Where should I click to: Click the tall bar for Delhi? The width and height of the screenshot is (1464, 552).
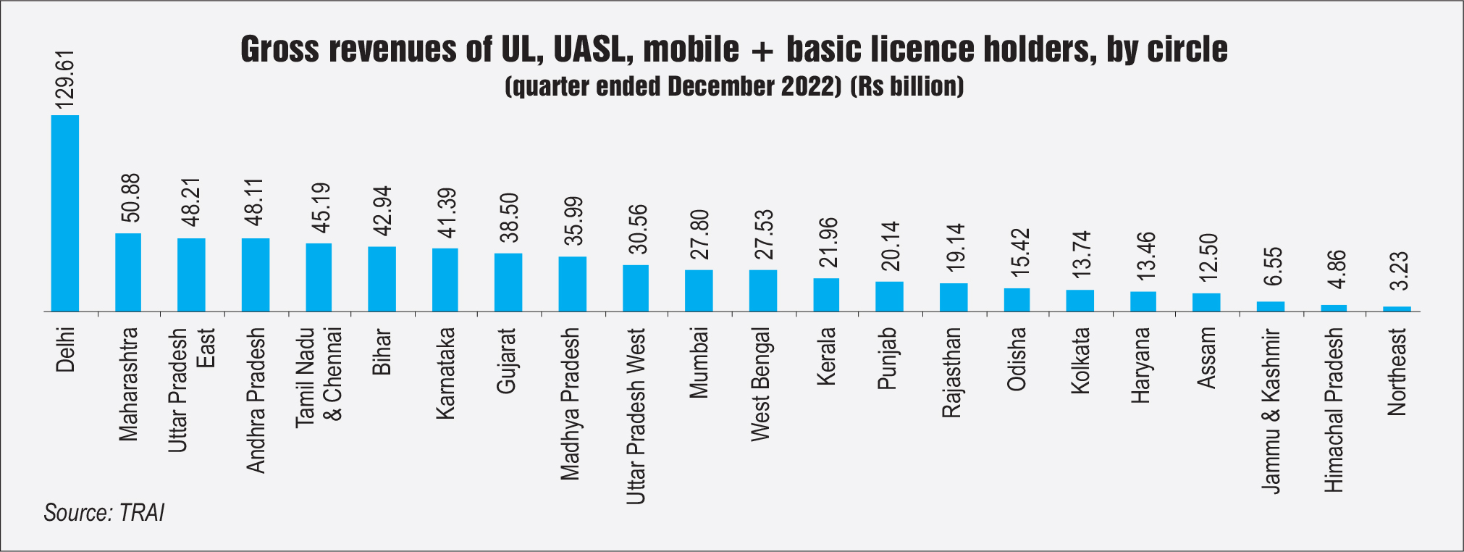(64, 213)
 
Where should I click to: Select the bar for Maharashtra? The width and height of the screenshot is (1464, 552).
(128, 272)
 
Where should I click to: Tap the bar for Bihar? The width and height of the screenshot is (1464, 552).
(382, 279)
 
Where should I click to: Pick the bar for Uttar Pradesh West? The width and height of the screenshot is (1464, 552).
(636, 288)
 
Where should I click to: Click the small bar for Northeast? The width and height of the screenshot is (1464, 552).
(1397, 309)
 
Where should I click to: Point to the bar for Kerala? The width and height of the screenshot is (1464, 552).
(826, 295)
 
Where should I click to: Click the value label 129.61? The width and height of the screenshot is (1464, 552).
(65, 80)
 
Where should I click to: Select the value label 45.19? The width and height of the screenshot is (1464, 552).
(320, 208)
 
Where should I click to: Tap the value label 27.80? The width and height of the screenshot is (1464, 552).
(699, 234)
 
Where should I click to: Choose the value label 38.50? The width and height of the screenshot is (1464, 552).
(509, 217)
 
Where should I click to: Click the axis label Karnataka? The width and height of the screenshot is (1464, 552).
(445, 373)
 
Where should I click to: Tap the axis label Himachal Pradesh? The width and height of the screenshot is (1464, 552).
(1333, 410)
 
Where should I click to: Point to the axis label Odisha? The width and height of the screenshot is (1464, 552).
(1017, 359)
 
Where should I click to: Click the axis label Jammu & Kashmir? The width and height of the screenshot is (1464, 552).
(1271, 411)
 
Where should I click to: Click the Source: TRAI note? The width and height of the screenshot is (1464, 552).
(104, 513)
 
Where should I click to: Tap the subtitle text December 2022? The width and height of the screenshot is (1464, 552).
(754, 87)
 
